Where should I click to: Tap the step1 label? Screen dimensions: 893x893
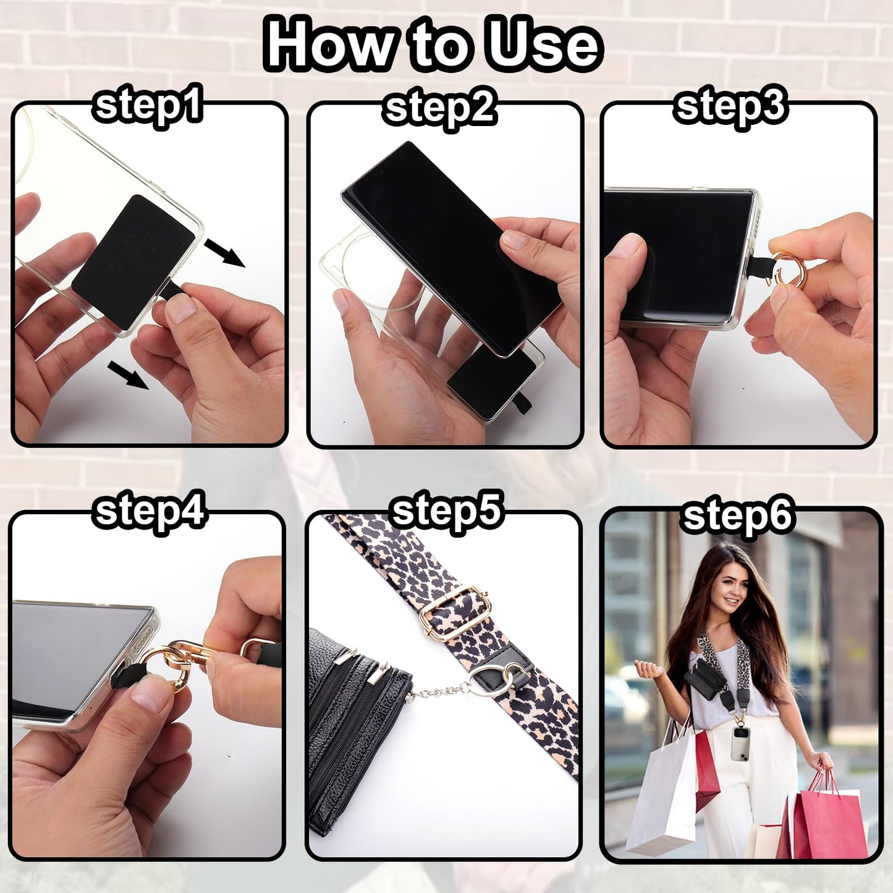pyautogui.click(x=148, y=106)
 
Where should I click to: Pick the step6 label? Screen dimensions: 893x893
pyautogui.click(x=738, y=517)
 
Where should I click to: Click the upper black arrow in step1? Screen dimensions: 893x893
pyautogui.click(x=224, y=253)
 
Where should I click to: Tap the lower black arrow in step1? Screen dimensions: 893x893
pyautogui.click(x=128, y=375)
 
